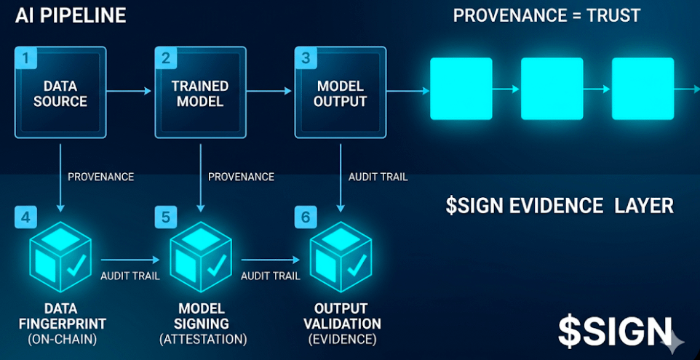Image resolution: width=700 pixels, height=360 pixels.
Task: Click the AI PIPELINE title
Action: (x=71, y=15)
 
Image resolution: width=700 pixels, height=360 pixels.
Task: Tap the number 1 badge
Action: (x=26, y=57)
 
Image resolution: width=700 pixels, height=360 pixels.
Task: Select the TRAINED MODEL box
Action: (x=200, y=93)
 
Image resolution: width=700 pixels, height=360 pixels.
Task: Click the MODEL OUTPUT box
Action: (x=340, y=93)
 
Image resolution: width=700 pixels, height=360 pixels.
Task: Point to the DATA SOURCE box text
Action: (x=60, y=94)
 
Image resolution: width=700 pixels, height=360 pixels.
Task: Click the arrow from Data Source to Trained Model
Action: (x=130, y=91)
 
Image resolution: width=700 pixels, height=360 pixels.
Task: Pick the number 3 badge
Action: (x=306, y=57)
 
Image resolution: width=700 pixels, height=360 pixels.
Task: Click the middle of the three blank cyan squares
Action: (x=552, y=89)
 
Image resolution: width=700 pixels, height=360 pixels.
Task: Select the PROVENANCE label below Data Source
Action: (x=100, y=177)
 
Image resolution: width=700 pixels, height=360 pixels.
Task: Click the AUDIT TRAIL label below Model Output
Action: (x=378, y=177)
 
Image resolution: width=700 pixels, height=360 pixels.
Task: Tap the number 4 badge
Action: (x=26, y=216)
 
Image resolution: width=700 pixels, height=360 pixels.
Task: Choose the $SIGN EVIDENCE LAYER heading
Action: (x=559, y=206)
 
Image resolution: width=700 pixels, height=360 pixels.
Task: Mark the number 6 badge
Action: (x=306, y=216)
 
